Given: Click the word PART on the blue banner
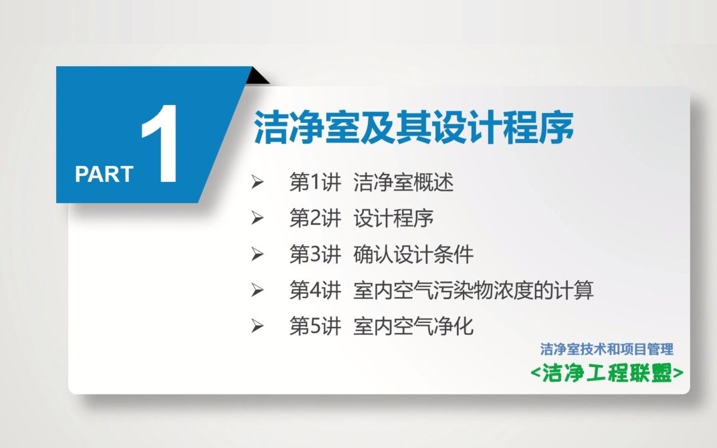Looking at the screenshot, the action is pyautogui.click(x=104, y=174).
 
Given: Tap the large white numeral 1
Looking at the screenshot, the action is pyautogui.click(x=161, y=144).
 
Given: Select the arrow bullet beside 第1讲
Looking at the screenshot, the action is pyautogui.click(x=257, y=183).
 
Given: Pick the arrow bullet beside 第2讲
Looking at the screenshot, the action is pyautogui.click(x=257, y=218).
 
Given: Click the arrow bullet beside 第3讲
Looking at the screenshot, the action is pyautogui.click(x=257, y=254).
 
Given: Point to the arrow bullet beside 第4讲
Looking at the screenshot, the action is pyautogui.click(x=257, y=290).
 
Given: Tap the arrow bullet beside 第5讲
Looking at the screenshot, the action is pyautogui.click(x=257, y=326).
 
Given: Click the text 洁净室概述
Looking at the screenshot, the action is pyautogui.click(x=403, y=183).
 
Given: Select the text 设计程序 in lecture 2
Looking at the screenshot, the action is pyautogui.click(x=393, y=218).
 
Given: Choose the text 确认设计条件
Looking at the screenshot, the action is pyautogui.click(x=413, y=254).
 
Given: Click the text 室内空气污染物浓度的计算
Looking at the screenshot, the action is pyautogui.click(x=474, y=290).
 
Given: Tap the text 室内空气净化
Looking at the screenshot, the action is pyautogui.click(x=413, y=326).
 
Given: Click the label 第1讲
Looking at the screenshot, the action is pyautogui.click(x=315, y=183).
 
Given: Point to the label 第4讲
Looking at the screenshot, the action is pyautogui.click(x=315, y=290).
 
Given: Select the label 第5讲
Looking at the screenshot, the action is pyautogui.click(x=315, y=326).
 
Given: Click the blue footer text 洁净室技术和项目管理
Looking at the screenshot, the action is pyautogui.click(x=607, y=349).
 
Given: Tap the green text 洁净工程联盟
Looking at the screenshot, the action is pyautogui.click(x=607, y=373).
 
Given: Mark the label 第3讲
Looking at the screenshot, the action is pyautogui.click(x=315, y=254).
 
